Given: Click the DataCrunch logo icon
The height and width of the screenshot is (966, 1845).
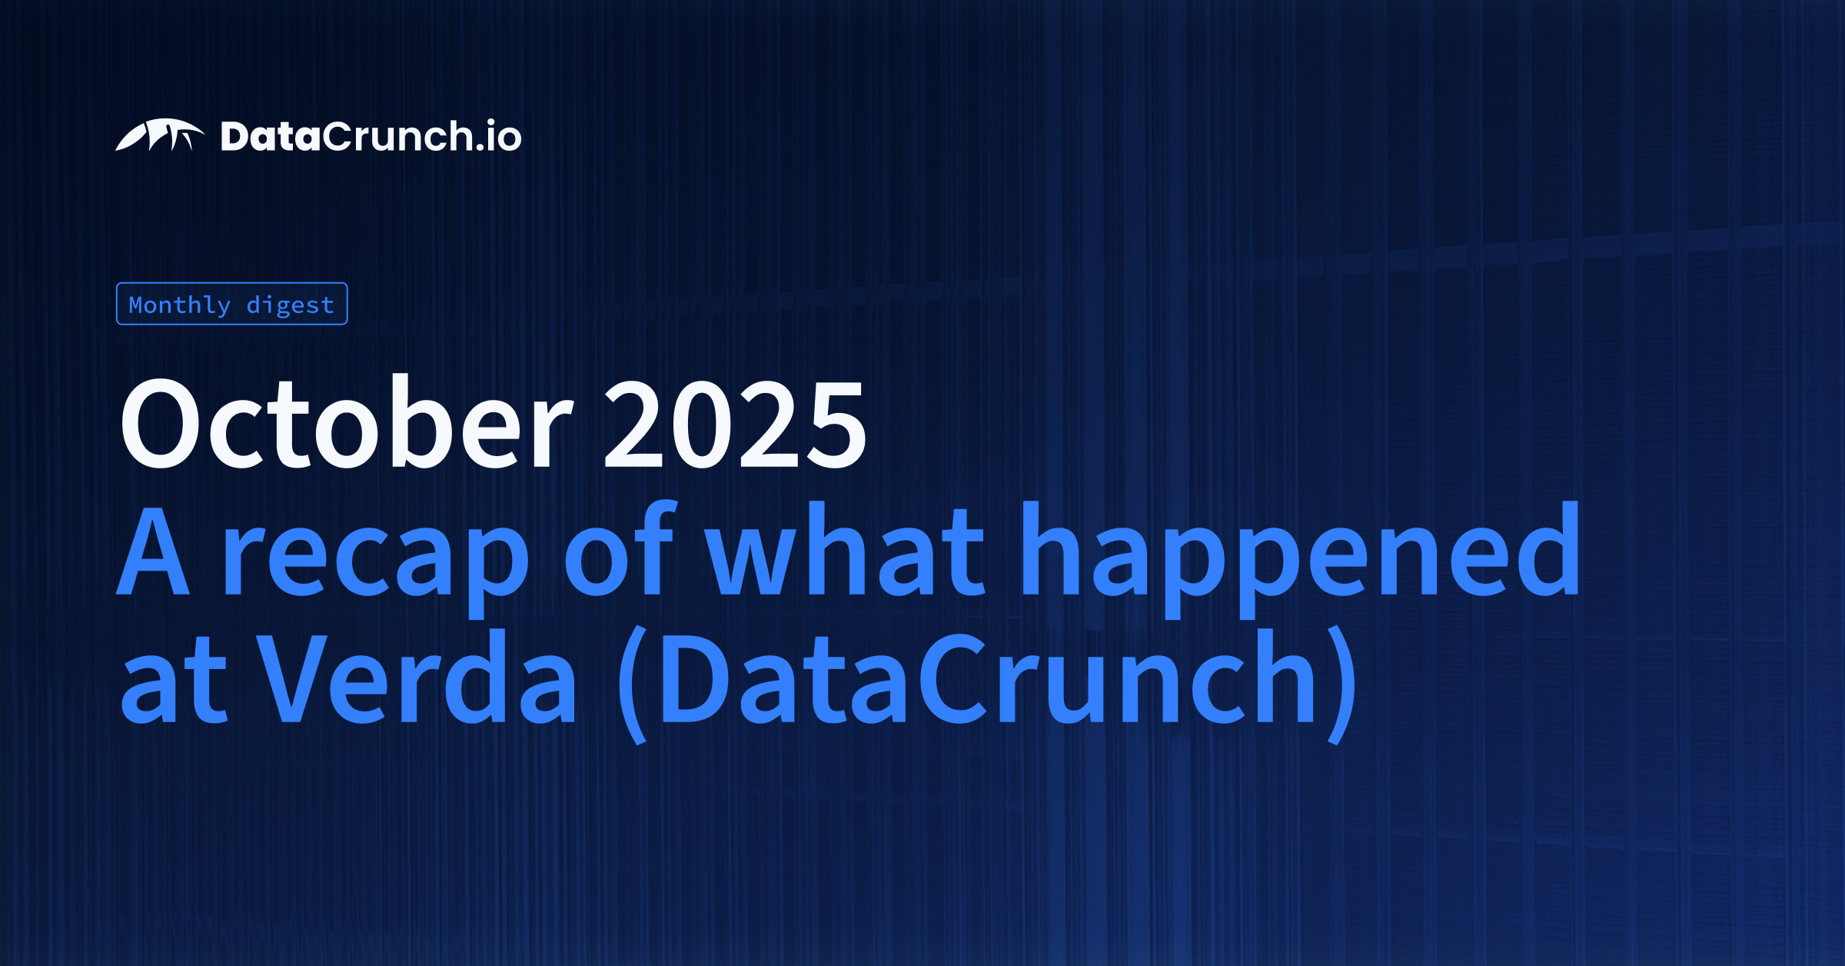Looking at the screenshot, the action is (160, 135).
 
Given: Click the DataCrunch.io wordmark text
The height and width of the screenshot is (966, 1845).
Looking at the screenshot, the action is (371, 136).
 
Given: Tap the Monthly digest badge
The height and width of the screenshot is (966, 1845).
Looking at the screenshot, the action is (231, 304).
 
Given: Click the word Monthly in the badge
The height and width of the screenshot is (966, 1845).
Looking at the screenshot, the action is (179, 305).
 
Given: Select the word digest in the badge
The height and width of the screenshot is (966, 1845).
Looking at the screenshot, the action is (291, 305).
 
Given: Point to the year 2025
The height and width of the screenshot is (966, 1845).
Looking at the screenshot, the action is (736, 424).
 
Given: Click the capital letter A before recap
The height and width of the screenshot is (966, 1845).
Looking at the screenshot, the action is (153, 550).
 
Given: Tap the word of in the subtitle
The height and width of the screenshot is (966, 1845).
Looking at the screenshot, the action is (620, 547).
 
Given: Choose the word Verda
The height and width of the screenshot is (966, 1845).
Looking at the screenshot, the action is (416, 677).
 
